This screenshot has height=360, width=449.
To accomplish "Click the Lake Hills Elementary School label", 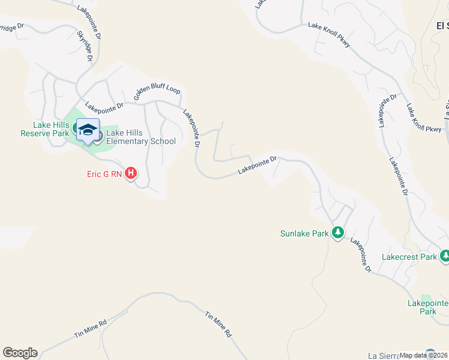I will pyautogui.click(x=140, y=137).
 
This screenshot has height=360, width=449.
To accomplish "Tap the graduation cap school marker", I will pyautogui.click(x=88, y=130).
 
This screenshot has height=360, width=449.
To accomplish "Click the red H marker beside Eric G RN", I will pyautogui.click(x=131, y=175).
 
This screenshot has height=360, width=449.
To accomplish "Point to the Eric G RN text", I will pyautogui.click(x=103, y=175).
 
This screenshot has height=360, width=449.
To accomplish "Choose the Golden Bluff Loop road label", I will pyautogui.click(x=157, y=94).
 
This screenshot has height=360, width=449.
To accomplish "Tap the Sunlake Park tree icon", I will pyautogui.click(x=338, y=233).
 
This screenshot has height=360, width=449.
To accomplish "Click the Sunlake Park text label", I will pyautogui.click(x=304, y=233).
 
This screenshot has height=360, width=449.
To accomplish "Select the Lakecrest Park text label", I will pyautogui.click(x=409, y=257).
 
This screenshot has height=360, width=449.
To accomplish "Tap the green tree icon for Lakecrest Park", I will pyautogui.click(x=445, y=256).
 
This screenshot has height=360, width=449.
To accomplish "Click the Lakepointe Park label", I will pyautogui.click(x=427, y=307).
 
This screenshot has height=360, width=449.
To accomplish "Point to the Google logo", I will pyautogui.click(x=20, y=353).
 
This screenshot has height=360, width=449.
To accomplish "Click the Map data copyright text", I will pyautogui.click(x=424, y=355).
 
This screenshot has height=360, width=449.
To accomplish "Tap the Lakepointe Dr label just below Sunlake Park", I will pyautogui.click(x=361, y=255).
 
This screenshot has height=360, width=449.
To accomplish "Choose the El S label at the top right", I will pyautogui.click(x=442, y=25).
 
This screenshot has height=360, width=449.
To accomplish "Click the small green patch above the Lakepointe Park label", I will pyautogui.click(x=427, y=298).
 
